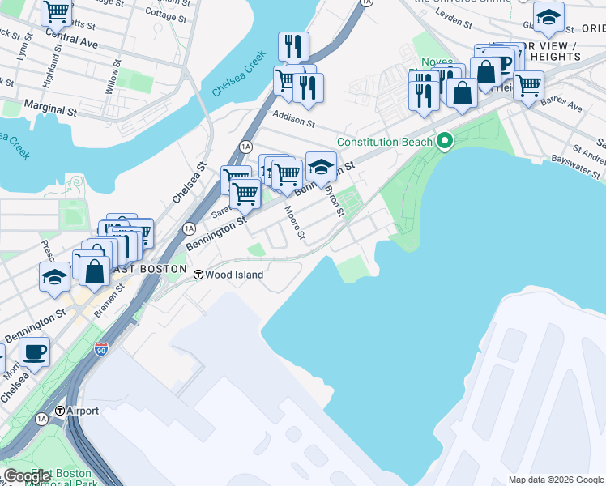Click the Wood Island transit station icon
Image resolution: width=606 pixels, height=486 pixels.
[x=198, y=275]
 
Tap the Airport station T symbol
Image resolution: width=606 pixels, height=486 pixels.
[x=60, y=411]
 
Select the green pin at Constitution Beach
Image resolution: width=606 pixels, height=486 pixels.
[x=444, y=143]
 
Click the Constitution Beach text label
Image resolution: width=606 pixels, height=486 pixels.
[x=384, y=142]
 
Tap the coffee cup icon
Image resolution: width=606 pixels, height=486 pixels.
[x=34, y=352]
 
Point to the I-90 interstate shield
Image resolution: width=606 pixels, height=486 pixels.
[x=100, y=350]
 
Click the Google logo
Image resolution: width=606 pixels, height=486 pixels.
[x=27, y=476]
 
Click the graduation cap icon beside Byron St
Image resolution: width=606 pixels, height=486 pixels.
[x=322, y=168]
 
